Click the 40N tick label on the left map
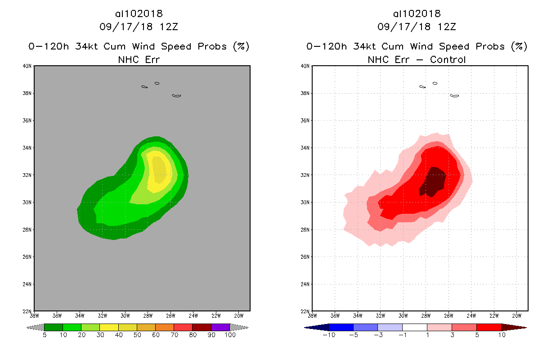click(28, 66)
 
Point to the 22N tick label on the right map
click(306, 311)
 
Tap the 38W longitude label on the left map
click(34, 315)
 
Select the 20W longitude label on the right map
click(517, 315)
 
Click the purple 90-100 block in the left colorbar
click(220, 327)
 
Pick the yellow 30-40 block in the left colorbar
click(109, 327)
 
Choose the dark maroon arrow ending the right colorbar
click(513, 327)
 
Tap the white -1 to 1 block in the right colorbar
click(414, 327)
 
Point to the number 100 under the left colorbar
click(230, 335)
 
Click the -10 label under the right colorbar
click(328, 335)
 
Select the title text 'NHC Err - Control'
click(417, 59)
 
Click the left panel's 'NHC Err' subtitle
click(139, 59)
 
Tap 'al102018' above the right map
click(417, 14)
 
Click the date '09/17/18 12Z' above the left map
click(139, 27)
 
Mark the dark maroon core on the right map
click(433, 181)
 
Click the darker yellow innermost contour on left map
click(158, 170)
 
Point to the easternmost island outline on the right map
click(454, 95)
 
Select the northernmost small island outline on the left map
click(157, 83)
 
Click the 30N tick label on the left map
click(28, 202)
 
